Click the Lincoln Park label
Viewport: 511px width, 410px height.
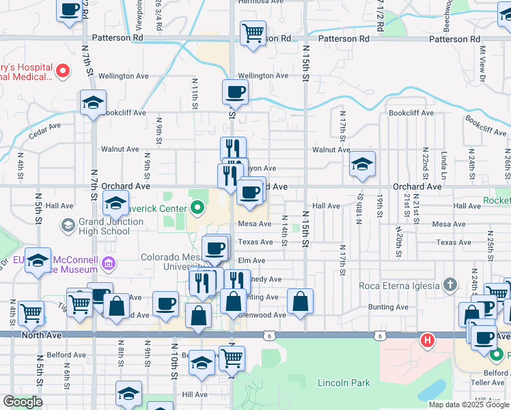pyautogui.click(x=344, y=383)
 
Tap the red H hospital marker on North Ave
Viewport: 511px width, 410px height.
pyautogui.click(x=428, y=339)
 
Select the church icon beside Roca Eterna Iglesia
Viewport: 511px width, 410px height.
pyautogui.click(x=450, y=284)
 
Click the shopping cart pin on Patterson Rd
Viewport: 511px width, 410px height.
pyautogui.click(x=253, y=33)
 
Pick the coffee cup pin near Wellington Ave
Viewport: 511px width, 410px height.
pyautogui.click(x=235, y=92)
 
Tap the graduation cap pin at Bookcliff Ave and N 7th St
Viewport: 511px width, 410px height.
pyautogui.click(x=93, y=103)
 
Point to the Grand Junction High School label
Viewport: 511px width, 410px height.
pyautogui.click(x=96, y=226)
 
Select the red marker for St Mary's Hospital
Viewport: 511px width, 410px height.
pyautogui.click(x=62, y=70)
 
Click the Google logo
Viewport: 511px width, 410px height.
pyautogui.click(x=23, y=402)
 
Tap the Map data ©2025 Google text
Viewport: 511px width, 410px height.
pyautogui.click(x=469, y=405)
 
